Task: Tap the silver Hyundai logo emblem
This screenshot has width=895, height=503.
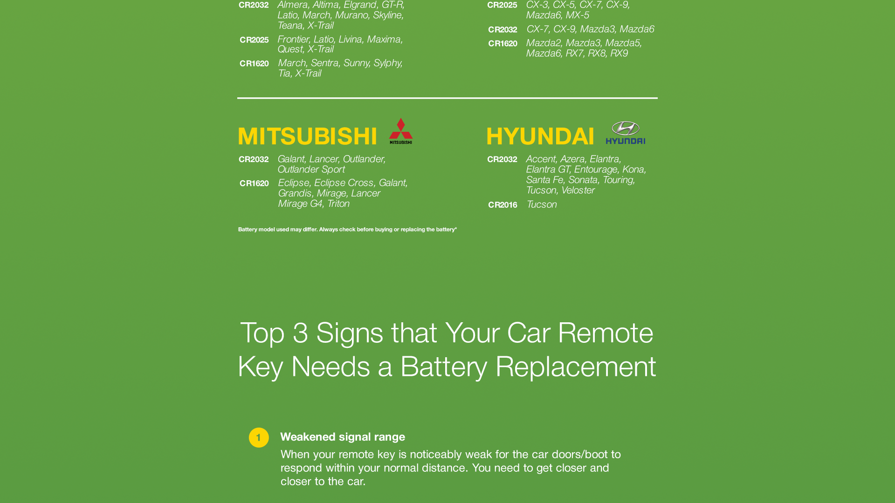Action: click(x=626, y=129)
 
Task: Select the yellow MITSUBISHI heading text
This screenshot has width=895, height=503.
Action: click(x=308, y=136)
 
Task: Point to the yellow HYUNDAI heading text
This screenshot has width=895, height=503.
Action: click(x=540, y=136)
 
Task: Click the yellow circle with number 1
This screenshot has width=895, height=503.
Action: click(x=259, y=438)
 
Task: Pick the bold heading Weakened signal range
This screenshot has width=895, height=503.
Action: click(x=343, y=437)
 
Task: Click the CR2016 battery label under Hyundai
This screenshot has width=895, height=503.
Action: click(x=503, y=205)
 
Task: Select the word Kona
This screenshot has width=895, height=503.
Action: click(x=633, y=170)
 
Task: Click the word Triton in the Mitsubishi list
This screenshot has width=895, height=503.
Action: click(x=338, y=204)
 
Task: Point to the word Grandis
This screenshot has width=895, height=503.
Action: click(x=295, y=193)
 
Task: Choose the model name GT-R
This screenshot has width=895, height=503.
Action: click(x=392, y=5)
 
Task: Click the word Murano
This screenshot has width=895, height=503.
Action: click(x=352, y=15)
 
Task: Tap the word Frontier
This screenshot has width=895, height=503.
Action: click(x=293, y=40)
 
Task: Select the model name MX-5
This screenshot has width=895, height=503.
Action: click(x=577, y=15)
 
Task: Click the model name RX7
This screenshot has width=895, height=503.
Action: click(x=574, y=54)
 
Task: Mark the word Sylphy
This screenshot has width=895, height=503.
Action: click(x=388, y=63)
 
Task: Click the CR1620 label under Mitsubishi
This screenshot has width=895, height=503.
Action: click(x=254, y=184)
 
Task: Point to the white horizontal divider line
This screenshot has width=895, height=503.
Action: click(x=447, y=98)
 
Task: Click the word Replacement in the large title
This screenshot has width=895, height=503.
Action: click(x=576, y=367)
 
